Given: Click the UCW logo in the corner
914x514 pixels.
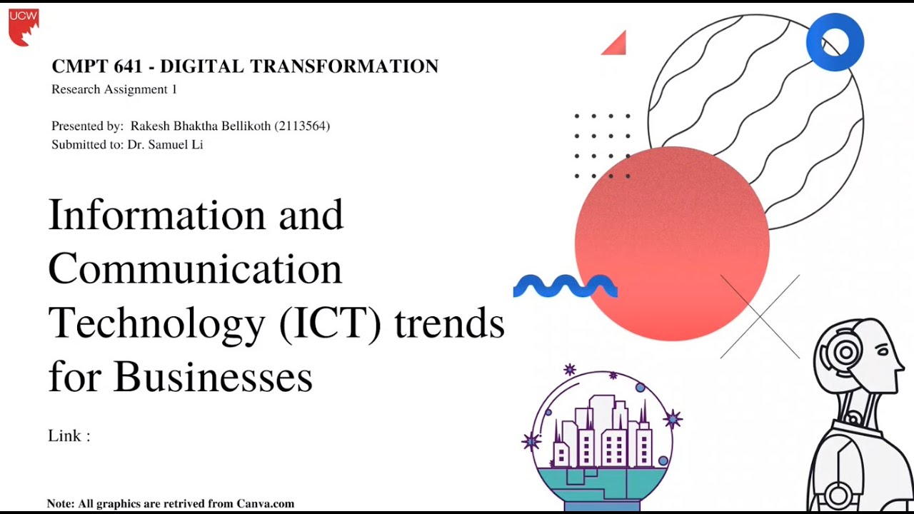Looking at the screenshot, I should [x=24, y=26].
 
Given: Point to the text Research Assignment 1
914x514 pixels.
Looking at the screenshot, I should [x=114, y=90].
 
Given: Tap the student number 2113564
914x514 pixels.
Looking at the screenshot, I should [x=302, y=126].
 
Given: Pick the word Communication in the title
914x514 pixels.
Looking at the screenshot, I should [x=195, y=269].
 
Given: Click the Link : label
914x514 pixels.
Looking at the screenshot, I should [x=69, y=436].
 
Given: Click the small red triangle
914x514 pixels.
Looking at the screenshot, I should [x=616, y=44].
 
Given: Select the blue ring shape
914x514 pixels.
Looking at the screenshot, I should [x=835, y=42].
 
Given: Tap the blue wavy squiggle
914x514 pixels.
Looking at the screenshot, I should [x=565, y=286].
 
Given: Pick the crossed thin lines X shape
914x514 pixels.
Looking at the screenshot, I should [x=760, y=316].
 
